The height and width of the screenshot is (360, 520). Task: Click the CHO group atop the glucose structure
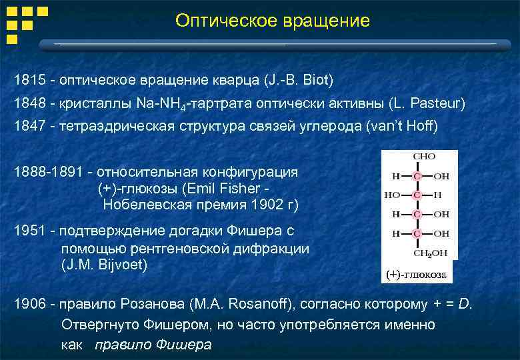point(424,156)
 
